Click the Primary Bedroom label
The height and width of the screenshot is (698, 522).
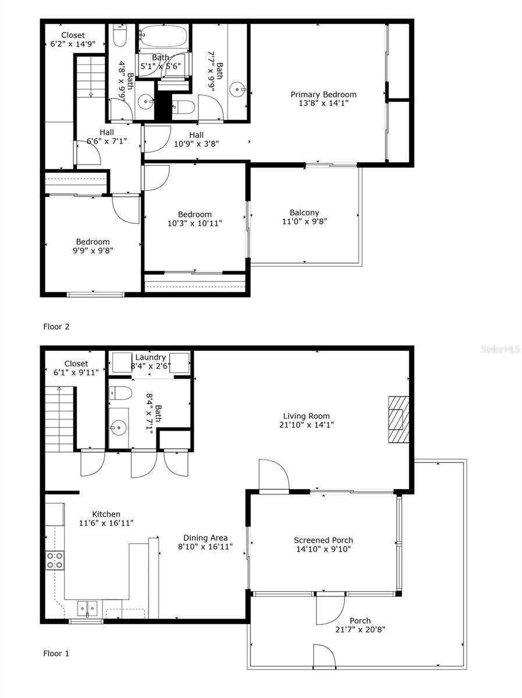pos(324,94)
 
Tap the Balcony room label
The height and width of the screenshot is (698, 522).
pos(304,213)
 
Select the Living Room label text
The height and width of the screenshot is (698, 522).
pos(307,416)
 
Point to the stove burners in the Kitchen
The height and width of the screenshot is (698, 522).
pos(55,560)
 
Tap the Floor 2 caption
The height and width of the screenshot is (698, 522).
pos(56,326)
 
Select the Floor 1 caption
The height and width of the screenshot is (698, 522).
pos(56,653)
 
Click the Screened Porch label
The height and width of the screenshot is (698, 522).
pos(323,540)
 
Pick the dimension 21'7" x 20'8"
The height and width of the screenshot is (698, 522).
pos(361,629)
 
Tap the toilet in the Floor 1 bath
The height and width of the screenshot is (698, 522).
pos(120,393)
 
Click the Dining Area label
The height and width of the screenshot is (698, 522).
pos(205,538)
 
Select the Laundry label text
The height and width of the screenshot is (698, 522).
pos(151,357)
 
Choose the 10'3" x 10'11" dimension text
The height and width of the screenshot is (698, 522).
pos(195,223)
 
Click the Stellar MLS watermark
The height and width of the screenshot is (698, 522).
pos(500,350)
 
